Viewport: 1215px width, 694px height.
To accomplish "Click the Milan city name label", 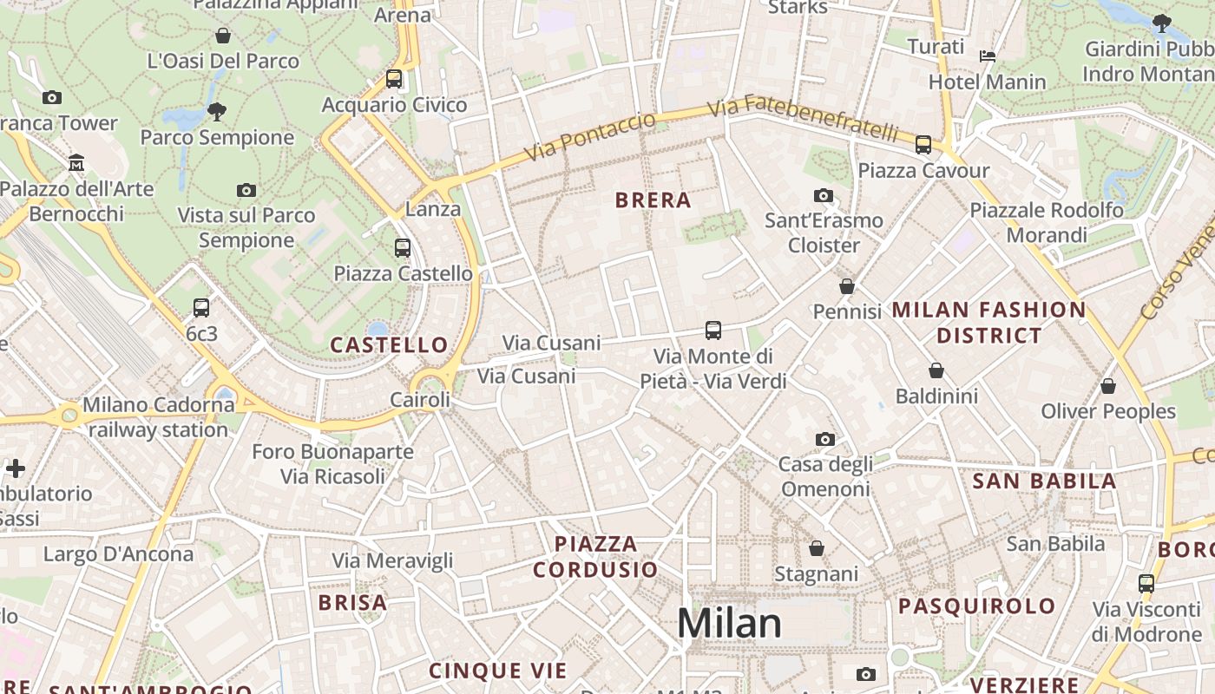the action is pos(729,624).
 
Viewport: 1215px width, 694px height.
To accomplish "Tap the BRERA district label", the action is pos(653,200).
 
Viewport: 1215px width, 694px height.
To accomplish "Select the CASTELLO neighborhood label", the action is pos(389,345).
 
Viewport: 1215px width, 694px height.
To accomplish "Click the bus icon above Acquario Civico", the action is pos(394,79).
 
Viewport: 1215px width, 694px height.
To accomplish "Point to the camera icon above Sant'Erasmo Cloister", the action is pos(824,195).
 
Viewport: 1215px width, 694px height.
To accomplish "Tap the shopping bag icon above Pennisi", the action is pos(847,286).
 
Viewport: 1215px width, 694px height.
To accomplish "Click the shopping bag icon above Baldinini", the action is pos(936,371).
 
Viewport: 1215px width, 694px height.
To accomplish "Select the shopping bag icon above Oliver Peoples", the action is pos(1108,386).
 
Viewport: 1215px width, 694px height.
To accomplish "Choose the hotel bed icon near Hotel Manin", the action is pos(988,56).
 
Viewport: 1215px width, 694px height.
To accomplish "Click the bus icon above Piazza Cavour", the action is pos(923,145).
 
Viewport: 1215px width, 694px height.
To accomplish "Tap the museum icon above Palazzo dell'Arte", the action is pos(76,163).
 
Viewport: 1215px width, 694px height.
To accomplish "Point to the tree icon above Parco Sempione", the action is pos(217,111).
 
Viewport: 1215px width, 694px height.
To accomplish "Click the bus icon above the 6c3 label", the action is pos(201,308).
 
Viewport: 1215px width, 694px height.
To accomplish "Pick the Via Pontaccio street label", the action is pos(590,137).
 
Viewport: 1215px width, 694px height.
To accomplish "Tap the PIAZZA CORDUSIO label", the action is pos(595,557).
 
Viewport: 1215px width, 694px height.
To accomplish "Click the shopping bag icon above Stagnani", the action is pos(816,548).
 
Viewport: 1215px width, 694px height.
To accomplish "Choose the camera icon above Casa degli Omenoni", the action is pos(825,439).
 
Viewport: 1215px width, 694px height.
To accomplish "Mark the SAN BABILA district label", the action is pos(1044,481).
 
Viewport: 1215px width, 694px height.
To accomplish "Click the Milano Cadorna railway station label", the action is pos(156,417).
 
